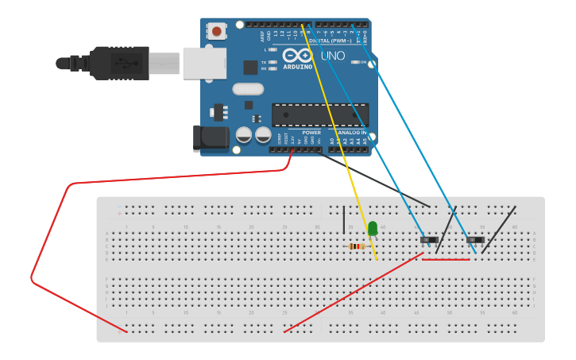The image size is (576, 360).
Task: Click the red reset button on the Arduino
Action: click(216, 32)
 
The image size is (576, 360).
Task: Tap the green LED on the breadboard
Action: click(373, 229)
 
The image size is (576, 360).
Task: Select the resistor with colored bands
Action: click(357, 246)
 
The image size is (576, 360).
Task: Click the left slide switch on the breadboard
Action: click(429, 239)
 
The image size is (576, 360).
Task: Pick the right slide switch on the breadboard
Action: click(475, 239)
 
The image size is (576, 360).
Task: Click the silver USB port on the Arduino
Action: click(203, 63)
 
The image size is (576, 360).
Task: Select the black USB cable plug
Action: click(119, 63)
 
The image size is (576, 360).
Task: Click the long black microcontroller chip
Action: click(319, 114)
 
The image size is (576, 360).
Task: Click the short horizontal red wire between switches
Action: click(446, 259)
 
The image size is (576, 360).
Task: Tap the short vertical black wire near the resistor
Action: click(344, 219)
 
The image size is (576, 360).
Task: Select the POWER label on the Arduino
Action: click(311, 133)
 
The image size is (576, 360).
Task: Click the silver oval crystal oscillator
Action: click(248, 89)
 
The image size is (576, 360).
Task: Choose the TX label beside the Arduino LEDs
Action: click(265, 62)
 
